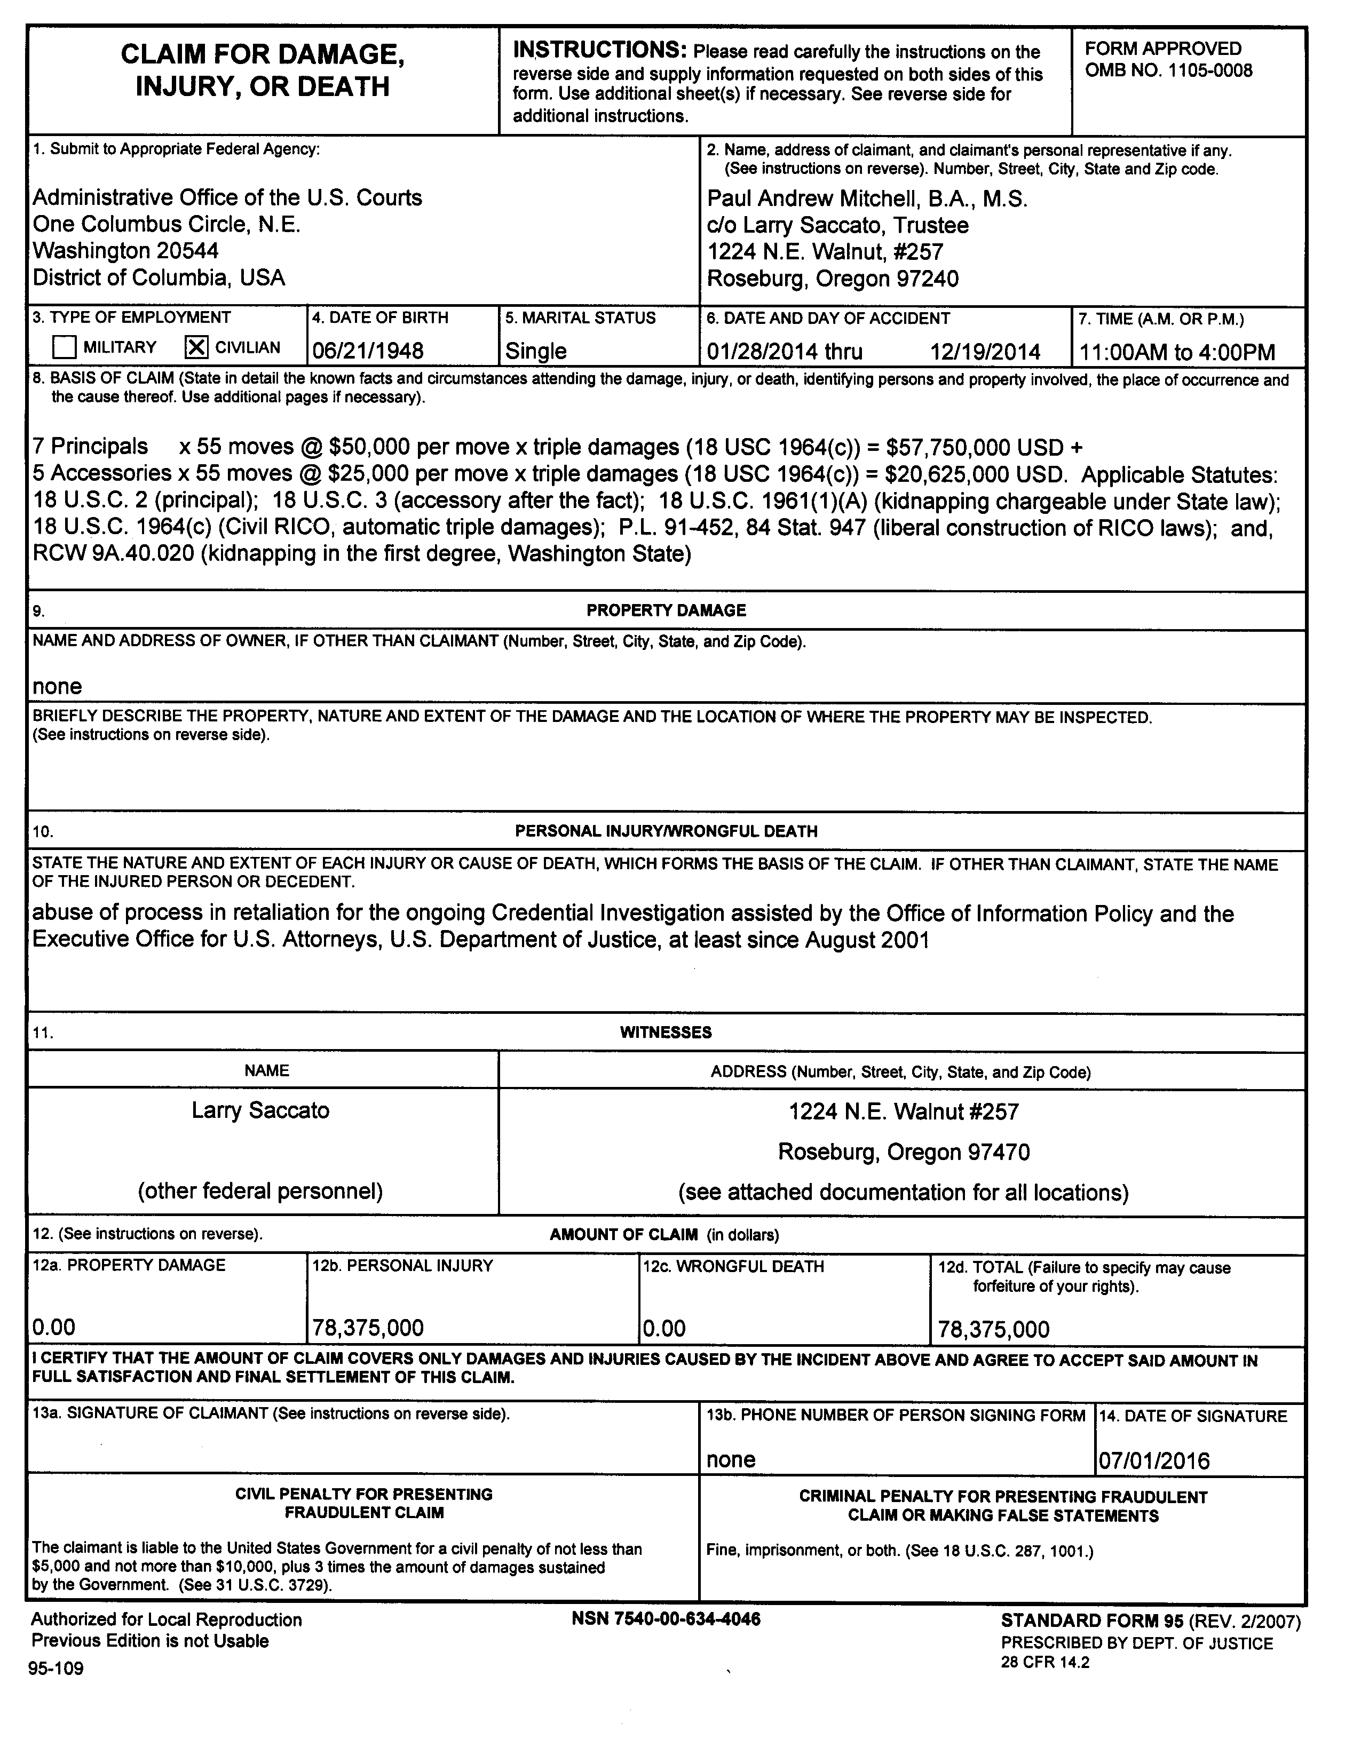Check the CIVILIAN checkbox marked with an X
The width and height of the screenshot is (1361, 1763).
[x=196, y=347]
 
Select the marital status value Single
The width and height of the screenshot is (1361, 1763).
[x=535, y=351]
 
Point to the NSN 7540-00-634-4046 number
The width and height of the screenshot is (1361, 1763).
[x=666, y=1618]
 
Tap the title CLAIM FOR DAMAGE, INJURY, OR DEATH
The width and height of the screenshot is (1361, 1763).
[x=263, y=70]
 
